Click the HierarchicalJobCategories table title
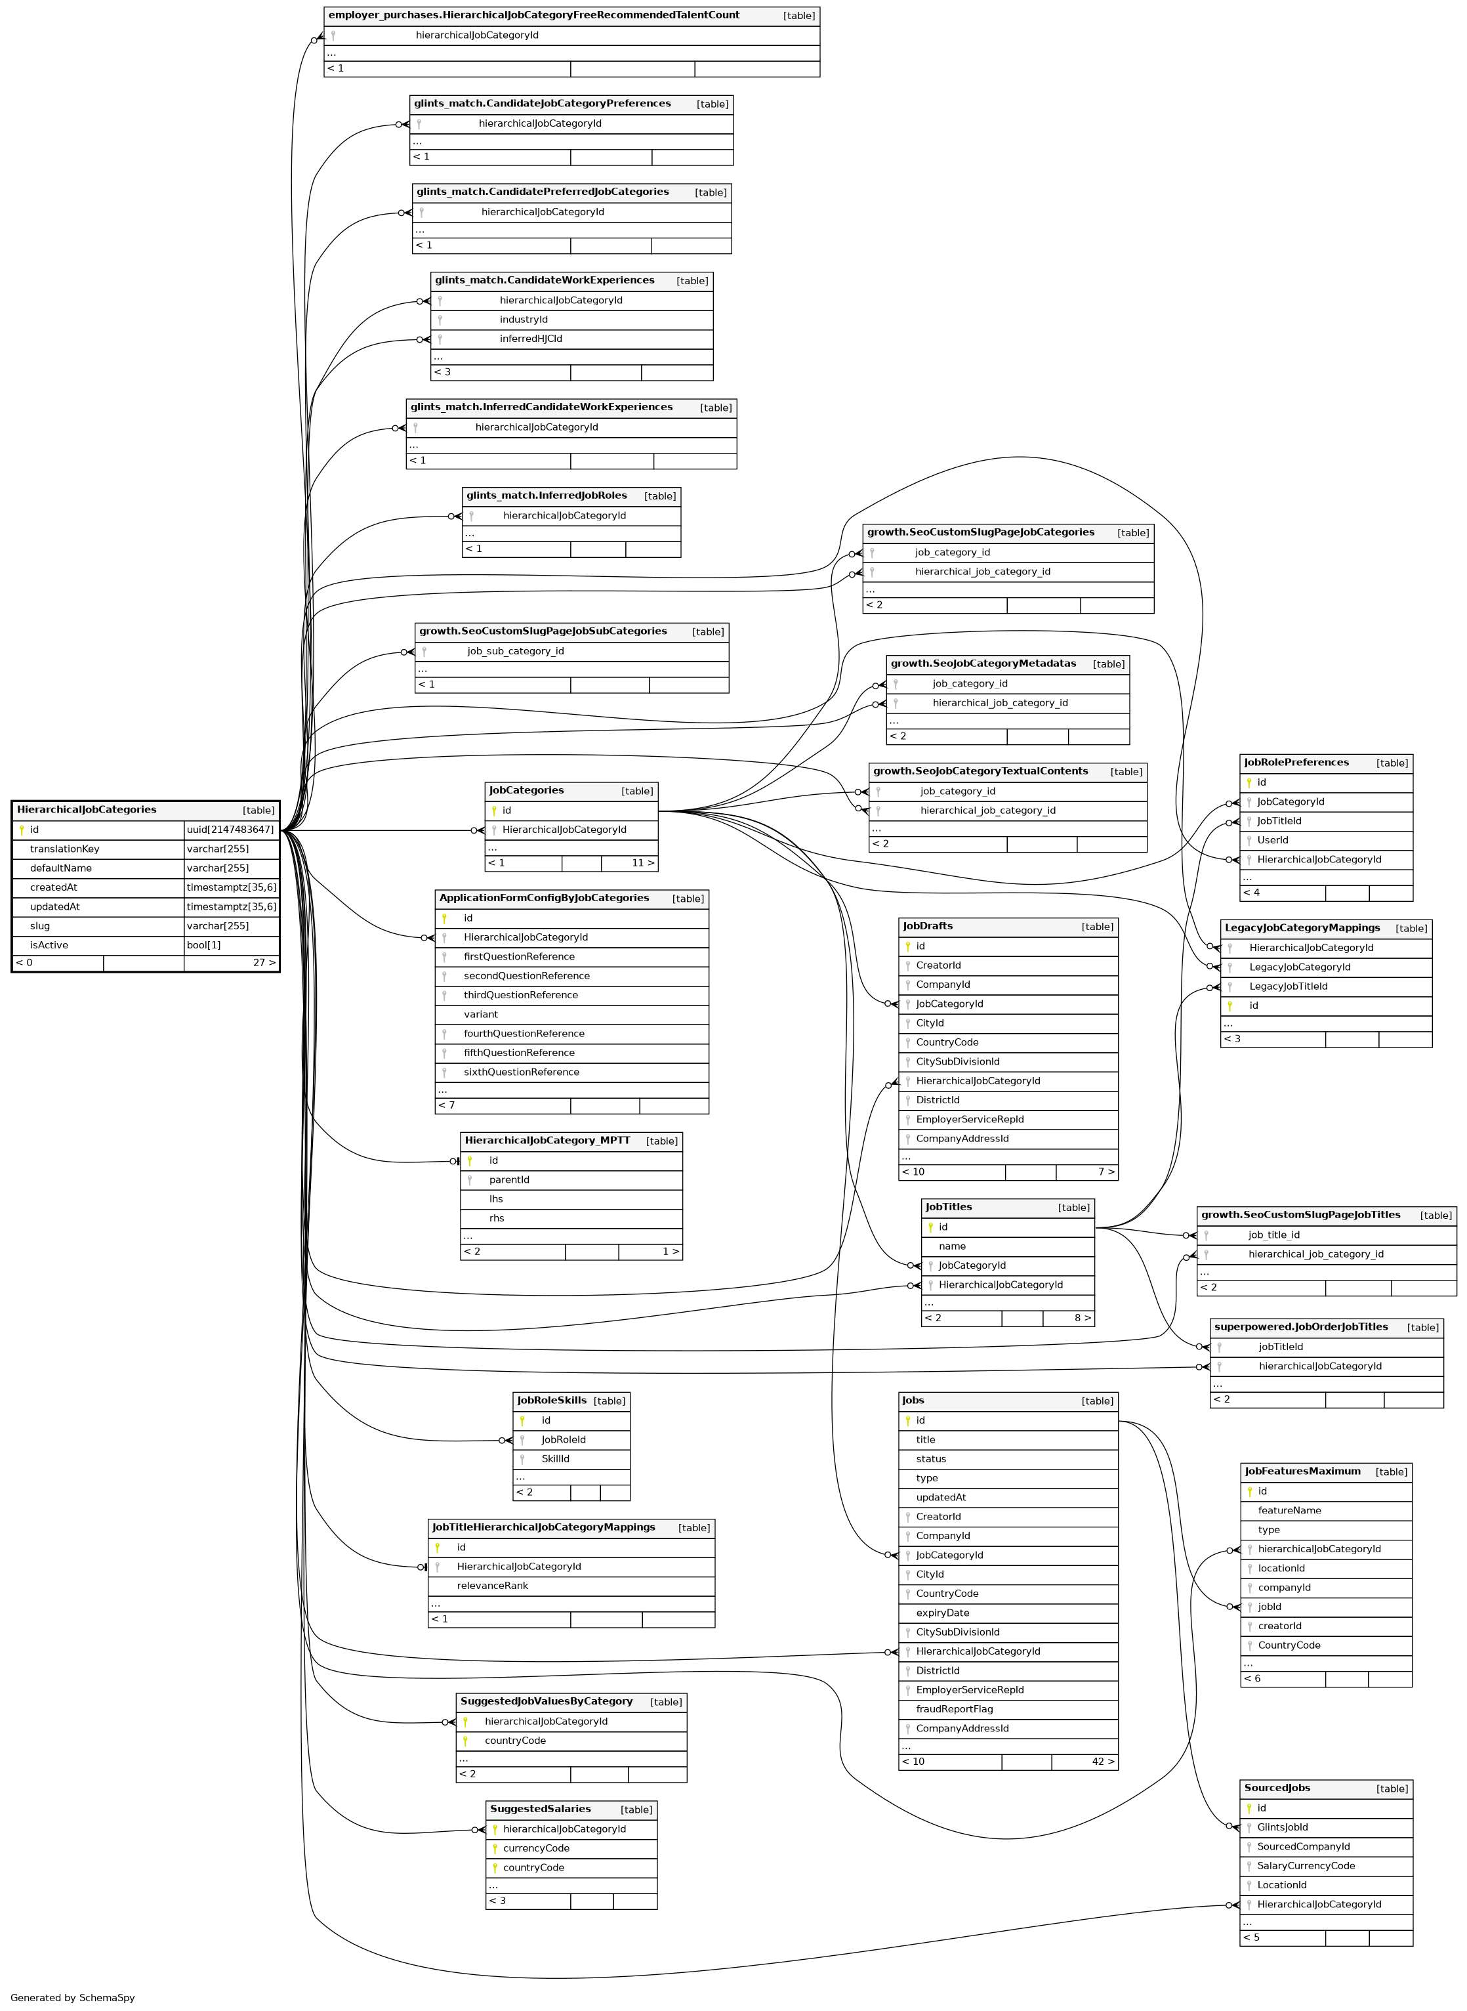86,810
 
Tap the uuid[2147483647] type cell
231,830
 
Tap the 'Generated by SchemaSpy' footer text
73,1998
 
